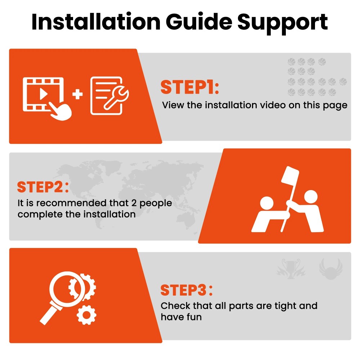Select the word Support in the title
[282, 23]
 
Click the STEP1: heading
[190, 87]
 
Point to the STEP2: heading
[43, 187]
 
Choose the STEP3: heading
[186, 290]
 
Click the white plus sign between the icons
[77, 94]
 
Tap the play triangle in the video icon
[43, 94]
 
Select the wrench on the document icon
[116, 98]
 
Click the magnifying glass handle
[51, 315]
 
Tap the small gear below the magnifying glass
[86, 315]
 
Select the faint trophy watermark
[291, 269]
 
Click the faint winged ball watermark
[330, 269]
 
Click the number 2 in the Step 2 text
[134, 203]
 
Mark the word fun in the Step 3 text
[194, 317]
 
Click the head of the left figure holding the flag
[266, 203]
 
